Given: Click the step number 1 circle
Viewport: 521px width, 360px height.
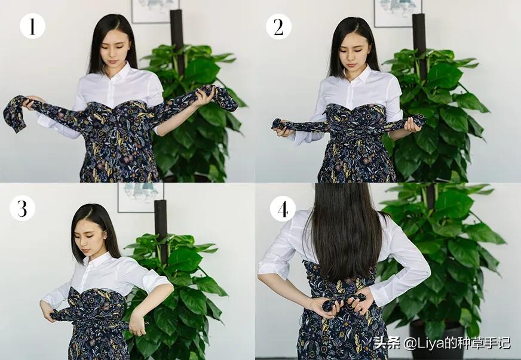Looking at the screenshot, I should coord(32,26).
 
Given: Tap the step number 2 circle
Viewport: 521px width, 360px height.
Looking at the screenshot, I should coord(278,26).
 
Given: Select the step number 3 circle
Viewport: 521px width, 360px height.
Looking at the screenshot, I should coord(22,208).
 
